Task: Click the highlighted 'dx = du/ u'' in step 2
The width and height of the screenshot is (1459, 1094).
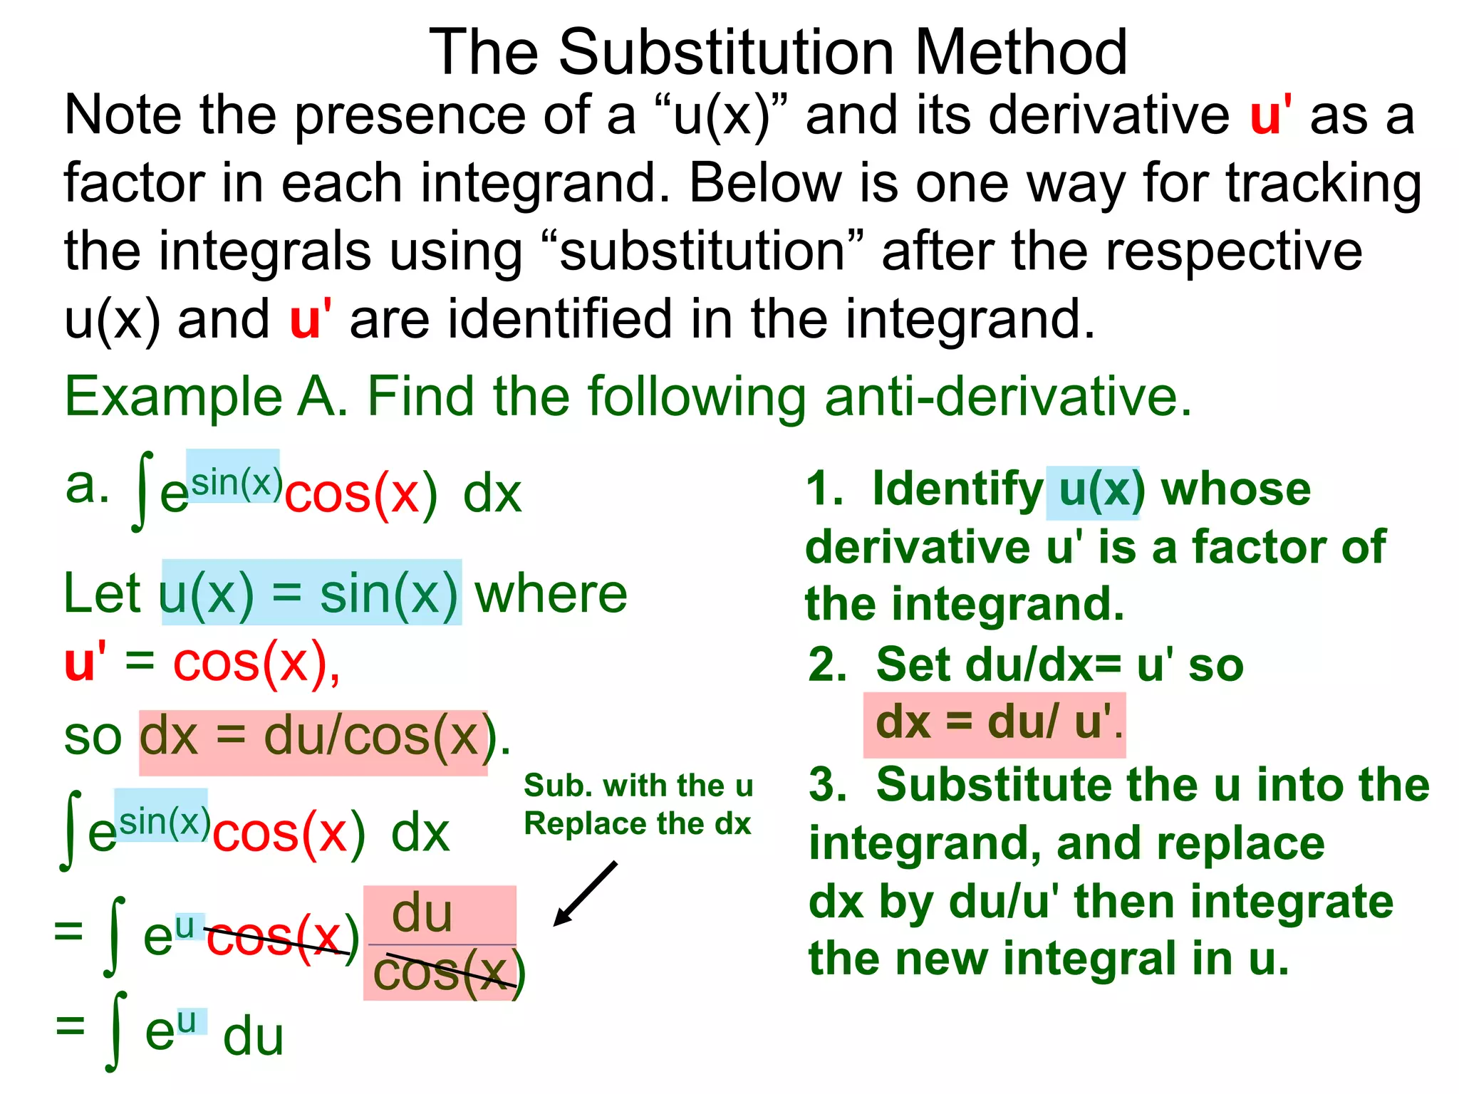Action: [993, 723]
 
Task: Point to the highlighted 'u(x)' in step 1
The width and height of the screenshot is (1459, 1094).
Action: [1093, 491]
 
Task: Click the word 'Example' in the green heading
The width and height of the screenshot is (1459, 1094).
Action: [173, 397]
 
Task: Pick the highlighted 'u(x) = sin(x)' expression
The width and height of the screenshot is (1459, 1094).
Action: [311, 593]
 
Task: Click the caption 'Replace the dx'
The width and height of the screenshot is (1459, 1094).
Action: [638, 824]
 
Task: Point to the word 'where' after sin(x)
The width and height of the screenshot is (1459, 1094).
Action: [551, 593]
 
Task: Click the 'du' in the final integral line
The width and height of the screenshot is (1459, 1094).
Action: [253, 1036]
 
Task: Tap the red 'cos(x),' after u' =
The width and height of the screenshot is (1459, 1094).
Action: [256, 663]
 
